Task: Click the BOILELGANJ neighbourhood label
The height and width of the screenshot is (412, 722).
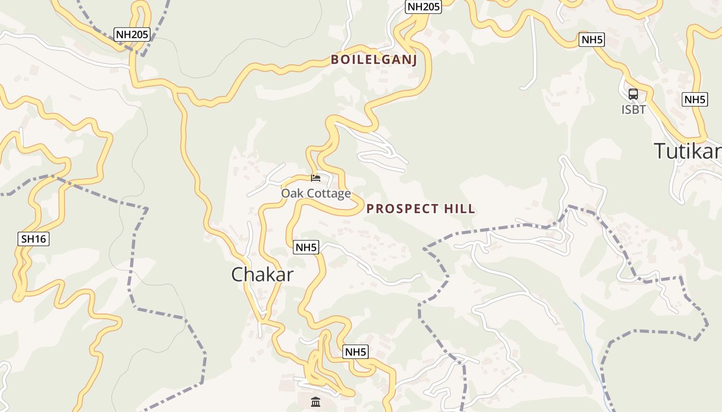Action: pos(373,60)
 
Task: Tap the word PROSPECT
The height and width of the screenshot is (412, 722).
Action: pos(398,209)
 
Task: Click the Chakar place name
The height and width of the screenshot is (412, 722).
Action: pos(262,274)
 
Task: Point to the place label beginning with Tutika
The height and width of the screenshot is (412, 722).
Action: pos(687,151)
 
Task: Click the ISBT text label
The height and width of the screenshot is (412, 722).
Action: pos(633,110)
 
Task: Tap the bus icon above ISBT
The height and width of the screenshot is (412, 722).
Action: pos(633,94)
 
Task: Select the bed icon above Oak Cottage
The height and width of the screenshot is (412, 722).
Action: pos(316,178)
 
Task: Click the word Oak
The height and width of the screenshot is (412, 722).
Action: pos(291,194)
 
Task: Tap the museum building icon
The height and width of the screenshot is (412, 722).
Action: pos(316,402)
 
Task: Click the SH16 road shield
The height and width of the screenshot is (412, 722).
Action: pos(34,239)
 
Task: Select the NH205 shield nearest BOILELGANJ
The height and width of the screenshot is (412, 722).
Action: pos(423,7)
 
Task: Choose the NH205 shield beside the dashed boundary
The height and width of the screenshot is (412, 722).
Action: pos(132,35)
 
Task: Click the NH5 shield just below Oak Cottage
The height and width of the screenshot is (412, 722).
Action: pos(306,247)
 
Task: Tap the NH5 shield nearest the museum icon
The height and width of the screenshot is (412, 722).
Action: pos(355,352)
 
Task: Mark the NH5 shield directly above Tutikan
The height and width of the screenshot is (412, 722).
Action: pos(694,99)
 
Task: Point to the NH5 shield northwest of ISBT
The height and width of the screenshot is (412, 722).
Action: pos(591,40)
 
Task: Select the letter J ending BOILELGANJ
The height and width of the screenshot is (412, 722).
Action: pos(414,60)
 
